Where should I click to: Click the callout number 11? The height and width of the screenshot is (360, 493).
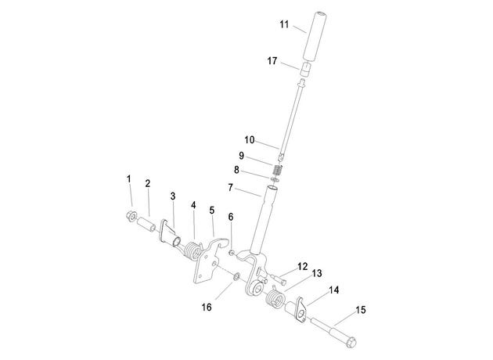click(284, 24)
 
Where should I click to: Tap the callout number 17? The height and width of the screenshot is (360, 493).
click(272, 61)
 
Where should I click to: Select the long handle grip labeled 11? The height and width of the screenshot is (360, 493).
click(314, 35)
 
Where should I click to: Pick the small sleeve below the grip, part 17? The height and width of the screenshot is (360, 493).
click(305, 69)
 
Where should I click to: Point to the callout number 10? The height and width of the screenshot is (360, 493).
click(250, 140)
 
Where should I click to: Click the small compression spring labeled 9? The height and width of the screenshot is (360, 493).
click(277, 170)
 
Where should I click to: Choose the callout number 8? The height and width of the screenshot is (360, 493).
click(236, 170)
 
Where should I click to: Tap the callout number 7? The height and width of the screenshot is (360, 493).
click(231, 188)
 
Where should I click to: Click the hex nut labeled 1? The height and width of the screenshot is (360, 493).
click(131, 216)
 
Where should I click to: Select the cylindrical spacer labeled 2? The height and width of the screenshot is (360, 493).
click(146, 224)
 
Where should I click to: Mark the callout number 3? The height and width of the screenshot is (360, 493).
click(173, 196)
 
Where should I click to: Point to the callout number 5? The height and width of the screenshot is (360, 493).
click(211, 211)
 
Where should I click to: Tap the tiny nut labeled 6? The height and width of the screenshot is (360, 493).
click(231, 252)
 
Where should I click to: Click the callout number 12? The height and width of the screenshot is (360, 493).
click(303, 267)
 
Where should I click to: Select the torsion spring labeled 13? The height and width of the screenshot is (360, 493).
click(275, 297)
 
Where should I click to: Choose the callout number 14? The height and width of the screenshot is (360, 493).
click(334, 290)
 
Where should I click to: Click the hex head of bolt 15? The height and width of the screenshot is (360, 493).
click(351, 342)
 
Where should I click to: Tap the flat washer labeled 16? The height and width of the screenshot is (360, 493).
click(236, 277)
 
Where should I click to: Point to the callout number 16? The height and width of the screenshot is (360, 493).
click(207, 308)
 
